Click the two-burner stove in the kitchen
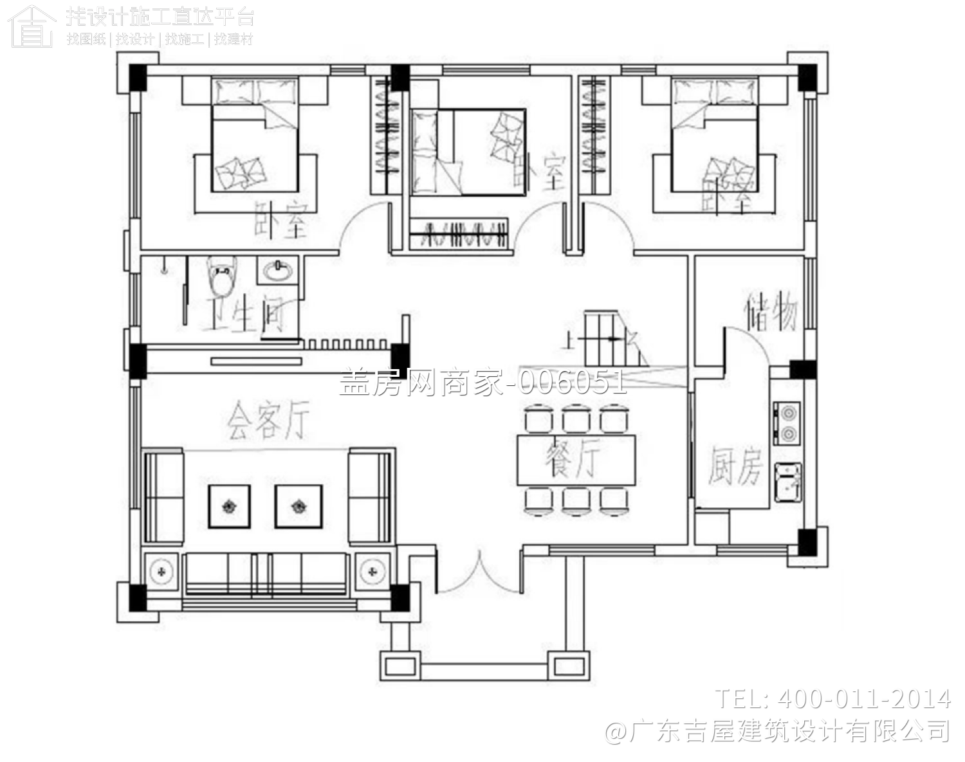click(787, 423)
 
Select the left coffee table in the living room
click(229, 507)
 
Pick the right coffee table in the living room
click(299, 507)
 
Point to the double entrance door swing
click(479, 572)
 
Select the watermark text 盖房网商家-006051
click(482, 383)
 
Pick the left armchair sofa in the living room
click(164, 498)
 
